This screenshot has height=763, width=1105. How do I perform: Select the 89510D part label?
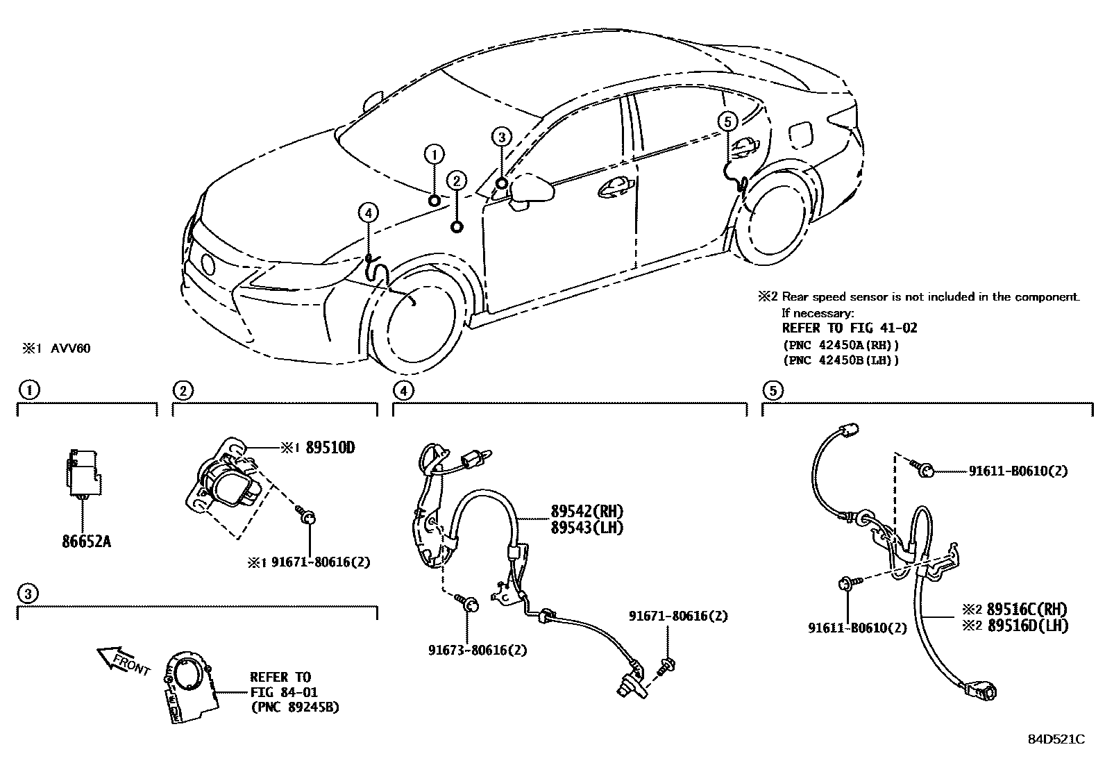[x=330, y=448]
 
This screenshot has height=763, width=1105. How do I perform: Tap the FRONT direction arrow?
[x=124, y=660]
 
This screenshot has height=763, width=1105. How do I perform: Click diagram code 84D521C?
[x=1056, y=739]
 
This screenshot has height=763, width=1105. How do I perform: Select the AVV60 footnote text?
[x=70, y=349]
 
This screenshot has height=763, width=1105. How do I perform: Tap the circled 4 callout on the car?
[x=368, y=212]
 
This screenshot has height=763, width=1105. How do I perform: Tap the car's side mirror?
[x=531, y=190]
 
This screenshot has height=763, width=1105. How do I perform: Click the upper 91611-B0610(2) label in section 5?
[x=1018, y=471]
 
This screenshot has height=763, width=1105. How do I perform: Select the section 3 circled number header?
[x=28, y=594]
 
